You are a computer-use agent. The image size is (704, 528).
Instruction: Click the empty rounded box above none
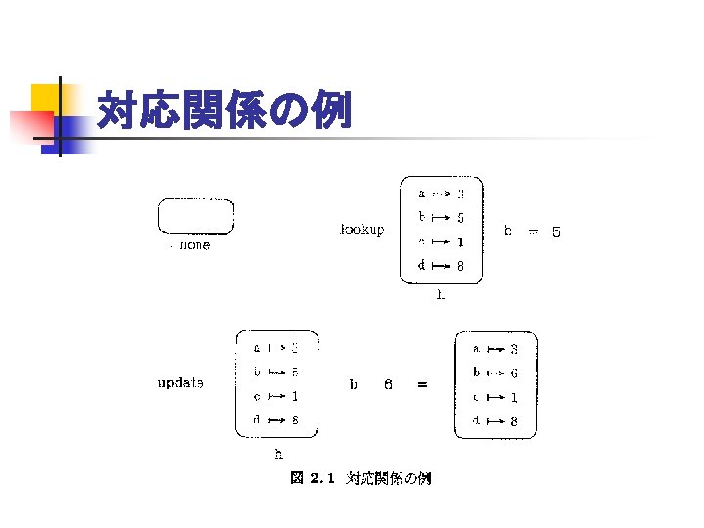coord(196,216)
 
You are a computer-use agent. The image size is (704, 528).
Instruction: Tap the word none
coord(195,246)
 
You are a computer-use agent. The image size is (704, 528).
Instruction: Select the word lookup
coord(361,231)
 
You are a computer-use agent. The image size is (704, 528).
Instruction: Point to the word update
coord(181,383)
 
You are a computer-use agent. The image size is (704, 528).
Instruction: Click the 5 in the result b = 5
coord(556,232)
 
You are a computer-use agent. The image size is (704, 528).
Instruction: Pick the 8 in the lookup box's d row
coord(460,266)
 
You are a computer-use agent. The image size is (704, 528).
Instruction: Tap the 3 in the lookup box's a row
coord(460,194)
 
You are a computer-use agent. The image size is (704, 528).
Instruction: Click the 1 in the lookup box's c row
coord(460,242)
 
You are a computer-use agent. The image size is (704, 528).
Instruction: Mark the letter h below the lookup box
coord(440,293)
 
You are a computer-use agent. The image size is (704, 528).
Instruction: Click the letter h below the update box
coord(278,454)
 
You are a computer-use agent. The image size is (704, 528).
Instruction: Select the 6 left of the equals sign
coord(388,385)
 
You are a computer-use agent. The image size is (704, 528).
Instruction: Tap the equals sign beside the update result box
coord(421,385)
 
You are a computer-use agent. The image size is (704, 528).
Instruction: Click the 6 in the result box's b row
coord(514,373)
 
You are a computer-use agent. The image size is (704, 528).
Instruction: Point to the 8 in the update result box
coord(514,422)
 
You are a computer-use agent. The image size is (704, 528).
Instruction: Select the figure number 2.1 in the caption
coord(323,479)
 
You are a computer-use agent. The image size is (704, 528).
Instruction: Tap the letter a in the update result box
coord(476,348)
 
